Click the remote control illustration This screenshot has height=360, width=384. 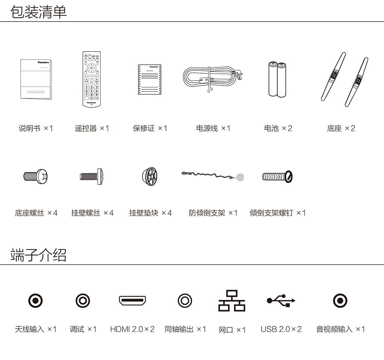point(92,79)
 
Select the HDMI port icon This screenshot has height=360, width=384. point(132,301)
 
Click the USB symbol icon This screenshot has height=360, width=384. point(281,301)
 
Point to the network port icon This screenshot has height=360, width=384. point(232,301)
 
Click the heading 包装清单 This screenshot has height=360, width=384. point(39,12)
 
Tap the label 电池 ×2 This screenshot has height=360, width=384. point(278,128)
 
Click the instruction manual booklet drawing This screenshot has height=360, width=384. point(36,79)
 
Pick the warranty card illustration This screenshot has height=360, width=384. point(150,79)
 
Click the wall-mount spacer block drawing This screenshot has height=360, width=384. point(150,176)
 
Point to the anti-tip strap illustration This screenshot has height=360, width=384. point(213,176)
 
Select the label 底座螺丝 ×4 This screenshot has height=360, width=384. point(36,213)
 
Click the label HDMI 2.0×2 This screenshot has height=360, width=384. point(132,329)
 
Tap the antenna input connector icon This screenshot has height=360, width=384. point(35,301)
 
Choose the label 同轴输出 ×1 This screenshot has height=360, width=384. point(185,329)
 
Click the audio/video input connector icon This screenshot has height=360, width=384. point(340,301)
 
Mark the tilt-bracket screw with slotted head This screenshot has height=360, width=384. point(277,176)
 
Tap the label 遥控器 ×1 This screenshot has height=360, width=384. point(92,128)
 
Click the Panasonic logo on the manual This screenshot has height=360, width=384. point(43,62)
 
